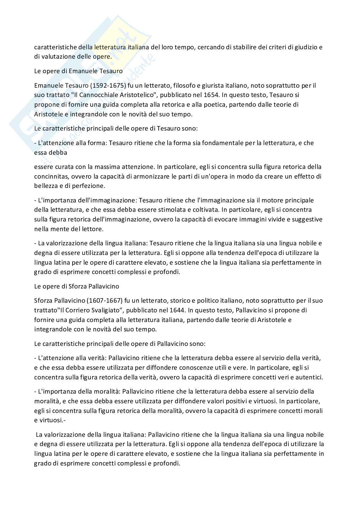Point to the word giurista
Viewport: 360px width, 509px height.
217,85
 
